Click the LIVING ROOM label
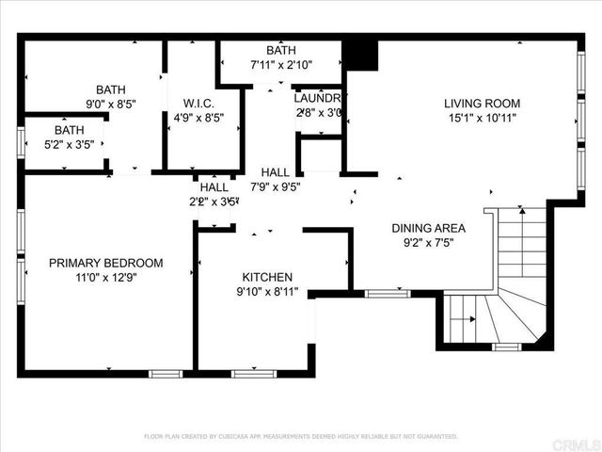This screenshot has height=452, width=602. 483,104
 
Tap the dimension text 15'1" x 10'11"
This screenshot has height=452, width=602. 483,118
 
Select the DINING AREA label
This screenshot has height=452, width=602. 429,228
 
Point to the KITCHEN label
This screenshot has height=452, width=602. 268,278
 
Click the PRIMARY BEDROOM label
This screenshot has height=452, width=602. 106,264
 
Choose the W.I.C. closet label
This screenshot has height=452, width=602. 194,104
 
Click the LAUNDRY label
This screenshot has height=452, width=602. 319,98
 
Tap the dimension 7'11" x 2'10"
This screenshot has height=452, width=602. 281,65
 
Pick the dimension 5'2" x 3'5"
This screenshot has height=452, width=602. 67,145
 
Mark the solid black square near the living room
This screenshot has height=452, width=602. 360,55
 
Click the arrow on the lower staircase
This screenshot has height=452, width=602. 467,319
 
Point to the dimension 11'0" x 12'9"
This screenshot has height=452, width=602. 106,278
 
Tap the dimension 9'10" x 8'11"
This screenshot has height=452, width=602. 268,292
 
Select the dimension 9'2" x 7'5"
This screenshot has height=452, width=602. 429,242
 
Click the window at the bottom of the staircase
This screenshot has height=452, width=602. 506,347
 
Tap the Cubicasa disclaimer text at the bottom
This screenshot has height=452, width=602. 301,436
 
